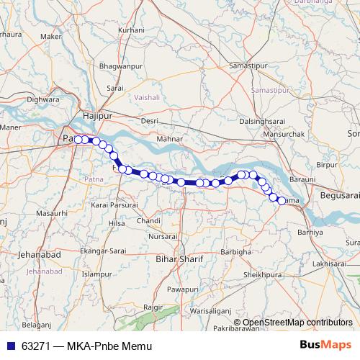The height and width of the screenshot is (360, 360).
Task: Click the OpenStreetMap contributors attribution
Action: click(297, 322)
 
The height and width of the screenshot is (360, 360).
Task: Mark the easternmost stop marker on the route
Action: click(282, 200)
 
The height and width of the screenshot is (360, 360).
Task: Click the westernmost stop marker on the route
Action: click(78, 139)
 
